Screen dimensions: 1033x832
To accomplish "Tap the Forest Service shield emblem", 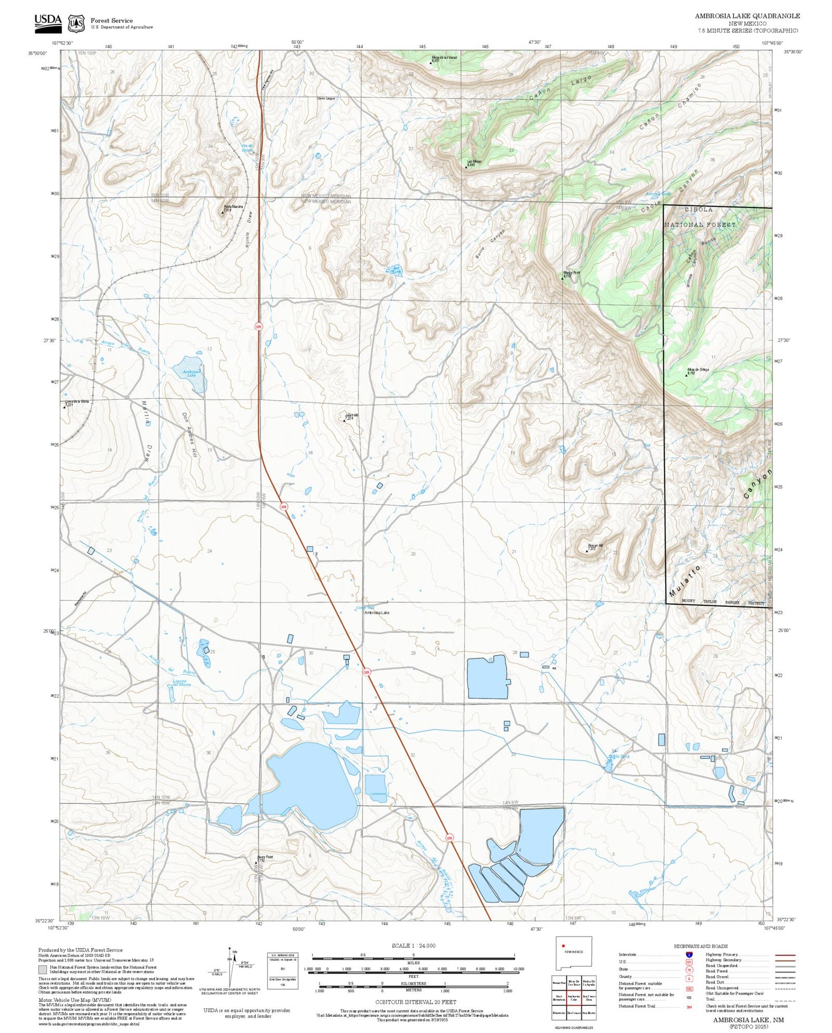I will coord(76,23).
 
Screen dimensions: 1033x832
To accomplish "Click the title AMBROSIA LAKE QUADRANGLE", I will coord(747,16).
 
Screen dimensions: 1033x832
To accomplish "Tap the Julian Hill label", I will coord(351,416).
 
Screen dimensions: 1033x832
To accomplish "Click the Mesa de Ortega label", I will coord(698,371).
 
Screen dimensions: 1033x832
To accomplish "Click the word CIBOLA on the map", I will coord(698,210).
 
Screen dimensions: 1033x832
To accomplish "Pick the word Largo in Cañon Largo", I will coord(580,82).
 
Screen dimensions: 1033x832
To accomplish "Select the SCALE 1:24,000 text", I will coord(413,945).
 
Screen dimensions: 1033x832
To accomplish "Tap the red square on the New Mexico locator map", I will coord(563,946).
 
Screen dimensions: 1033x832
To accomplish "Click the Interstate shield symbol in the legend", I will coord(689,954).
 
